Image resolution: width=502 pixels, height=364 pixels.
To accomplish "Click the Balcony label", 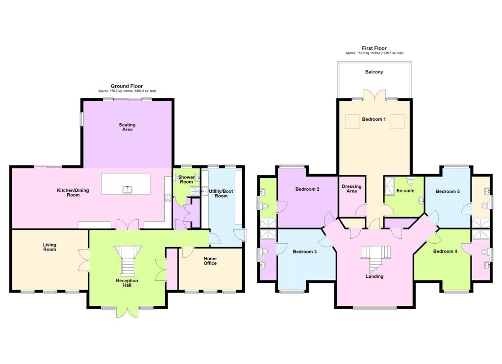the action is tap(374, 72).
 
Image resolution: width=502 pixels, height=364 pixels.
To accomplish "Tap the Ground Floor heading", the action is tap(127, 86).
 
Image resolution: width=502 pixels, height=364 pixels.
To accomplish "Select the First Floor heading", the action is tap(374, 48).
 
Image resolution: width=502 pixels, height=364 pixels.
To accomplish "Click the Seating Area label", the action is tap(127, 127).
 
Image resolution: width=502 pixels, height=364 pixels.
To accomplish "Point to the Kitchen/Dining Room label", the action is tap(73, 192).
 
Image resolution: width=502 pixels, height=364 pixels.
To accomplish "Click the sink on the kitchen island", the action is tap(127, 189).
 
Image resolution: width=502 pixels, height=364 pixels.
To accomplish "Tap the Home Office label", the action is tap(210, 261).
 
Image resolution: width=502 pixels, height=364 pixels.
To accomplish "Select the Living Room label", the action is tap(50, 247).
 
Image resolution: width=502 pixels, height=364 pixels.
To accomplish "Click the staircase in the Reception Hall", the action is tap(128, 259).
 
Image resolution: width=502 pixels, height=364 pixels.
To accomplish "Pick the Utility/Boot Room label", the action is tap(221, 193).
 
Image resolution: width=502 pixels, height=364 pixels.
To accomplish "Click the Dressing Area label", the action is tap(351, 188).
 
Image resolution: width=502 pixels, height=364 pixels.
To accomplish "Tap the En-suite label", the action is tap(405, 190).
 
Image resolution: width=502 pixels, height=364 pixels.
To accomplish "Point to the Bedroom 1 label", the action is tap(374, 119).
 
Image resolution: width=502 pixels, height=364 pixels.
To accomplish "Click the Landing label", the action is tap(375, 276).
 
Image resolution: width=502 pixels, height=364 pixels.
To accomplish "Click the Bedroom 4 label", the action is tap(445, 251).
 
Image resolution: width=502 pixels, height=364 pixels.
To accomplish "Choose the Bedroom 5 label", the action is tap(448, 191).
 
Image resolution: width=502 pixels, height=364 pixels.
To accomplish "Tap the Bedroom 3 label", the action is tap(305, 251).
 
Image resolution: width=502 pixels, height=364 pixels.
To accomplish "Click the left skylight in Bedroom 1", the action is tap(353, 121).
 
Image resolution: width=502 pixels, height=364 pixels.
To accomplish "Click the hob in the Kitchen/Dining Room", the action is tap(168, 198).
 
